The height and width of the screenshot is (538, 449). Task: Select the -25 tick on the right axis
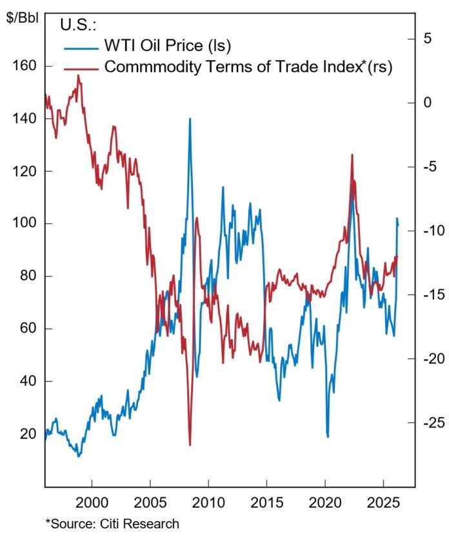426,422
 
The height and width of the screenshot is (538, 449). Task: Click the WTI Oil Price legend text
167,46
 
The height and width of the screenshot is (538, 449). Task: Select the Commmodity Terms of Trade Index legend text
248,67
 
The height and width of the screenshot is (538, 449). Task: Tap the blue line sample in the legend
80,47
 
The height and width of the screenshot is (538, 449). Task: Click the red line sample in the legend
80,67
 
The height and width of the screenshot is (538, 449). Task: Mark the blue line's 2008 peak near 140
190,119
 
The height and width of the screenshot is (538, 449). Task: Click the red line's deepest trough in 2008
190,444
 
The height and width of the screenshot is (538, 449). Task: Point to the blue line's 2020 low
328,437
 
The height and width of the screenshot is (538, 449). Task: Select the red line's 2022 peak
352,155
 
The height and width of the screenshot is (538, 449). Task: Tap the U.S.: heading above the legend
78,25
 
